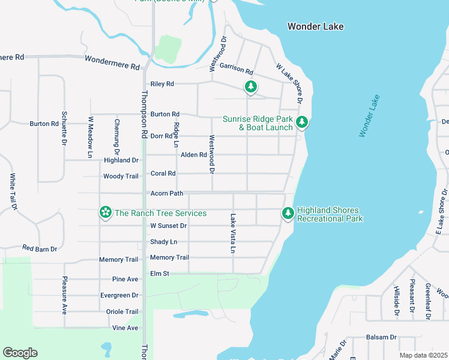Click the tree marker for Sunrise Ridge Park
pos(303,122)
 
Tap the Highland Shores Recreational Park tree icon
pos(288,213)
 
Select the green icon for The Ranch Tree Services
pos(106,212)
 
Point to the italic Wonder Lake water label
pos(370,116)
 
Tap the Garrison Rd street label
pos(237,67)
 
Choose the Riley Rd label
pos(162,84)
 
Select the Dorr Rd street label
pos(161,136)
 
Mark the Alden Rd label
pos(194,155)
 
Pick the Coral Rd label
pos(163,173)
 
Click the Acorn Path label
pos(166,193)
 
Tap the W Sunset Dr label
pos(169,226)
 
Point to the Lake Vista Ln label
pos(233,233)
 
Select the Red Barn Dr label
pos(40,248)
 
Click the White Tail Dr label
pos(12,192)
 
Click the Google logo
pos(20,353)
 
